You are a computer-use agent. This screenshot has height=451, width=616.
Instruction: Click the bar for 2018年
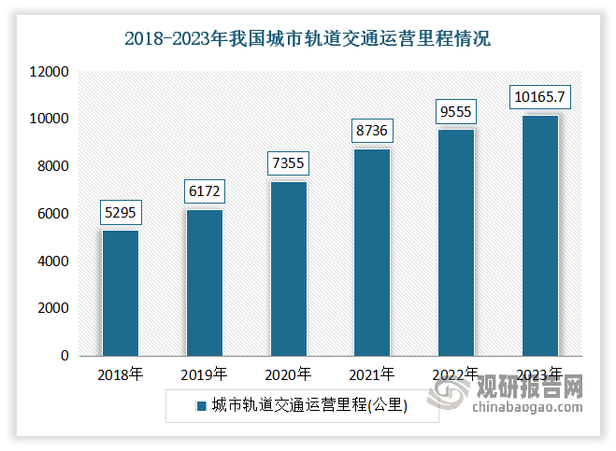pyautogui.click(x=121, y=293)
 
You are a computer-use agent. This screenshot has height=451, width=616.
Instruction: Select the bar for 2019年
pyautogui.click(x=204, y=283)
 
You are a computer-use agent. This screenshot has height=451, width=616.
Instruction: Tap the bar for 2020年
pyautogui.click(x=288, y=269)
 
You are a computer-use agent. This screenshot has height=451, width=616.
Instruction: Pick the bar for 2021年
pyautogui.click(x=371, y=252)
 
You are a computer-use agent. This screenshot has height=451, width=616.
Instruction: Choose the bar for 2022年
pyautogui.click(x=455, y=243)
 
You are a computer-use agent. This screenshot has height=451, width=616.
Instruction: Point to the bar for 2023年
pyautogui.click(x=539, y=235)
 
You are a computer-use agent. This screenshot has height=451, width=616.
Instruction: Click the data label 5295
pyautogui.click(x=121, y=214)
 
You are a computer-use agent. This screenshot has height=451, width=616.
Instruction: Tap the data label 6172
pyautogui.click(x=204, y=193)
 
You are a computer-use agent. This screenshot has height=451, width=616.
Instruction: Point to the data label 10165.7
pyautogui.click(x=539, y=96)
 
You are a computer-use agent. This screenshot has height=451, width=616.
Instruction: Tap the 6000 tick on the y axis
pyautogui.click(x=54, y=214)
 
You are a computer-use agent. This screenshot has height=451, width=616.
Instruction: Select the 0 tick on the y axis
pyautogui.click(x=65, y=356)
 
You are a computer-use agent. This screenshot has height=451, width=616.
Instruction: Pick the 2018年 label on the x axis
pyautogui.click(x=121, y=375)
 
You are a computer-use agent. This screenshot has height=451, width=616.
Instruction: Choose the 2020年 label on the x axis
pyautogui.click(x=288, y=375)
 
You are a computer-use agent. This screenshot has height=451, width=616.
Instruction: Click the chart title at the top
pyautogui.click(x=308, y=39)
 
